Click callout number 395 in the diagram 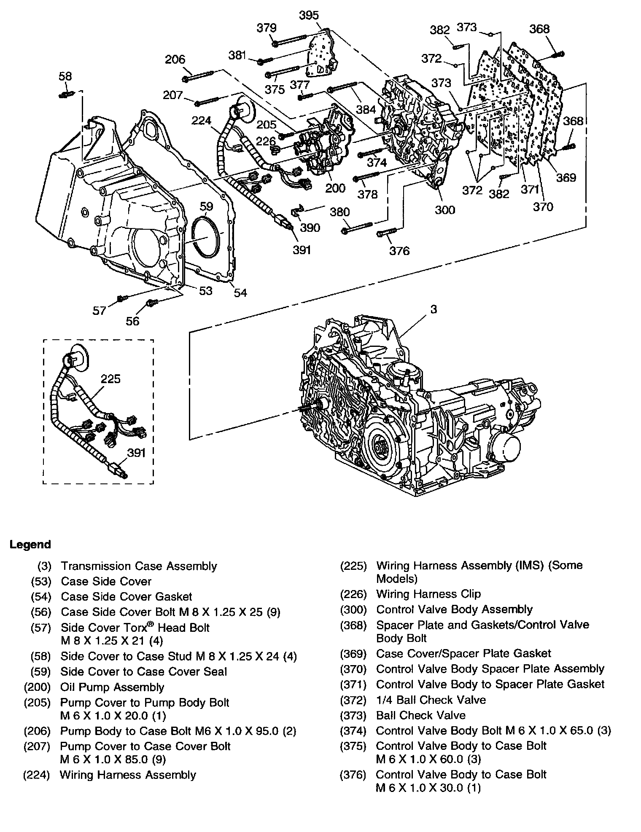[x=309, y=16]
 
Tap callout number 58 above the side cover [x=65, y=76]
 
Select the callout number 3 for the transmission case [x=434, y=309]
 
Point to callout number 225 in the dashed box [x=110, y=379]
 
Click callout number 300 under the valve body [x=445, y=209]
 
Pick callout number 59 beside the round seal [x=206, y=207]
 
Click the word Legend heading [x=30, y=545]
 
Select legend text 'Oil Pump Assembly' [x=112, y=687]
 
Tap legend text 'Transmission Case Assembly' [x=139, y=566]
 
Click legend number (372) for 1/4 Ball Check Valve [x=353, y=700]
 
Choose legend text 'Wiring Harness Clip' [x=428, y=594]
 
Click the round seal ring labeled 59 [x=207, y=237]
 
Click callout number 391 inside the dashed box [x=136, y=453]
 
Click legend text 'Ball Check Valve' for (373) [x=420, y=715]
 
